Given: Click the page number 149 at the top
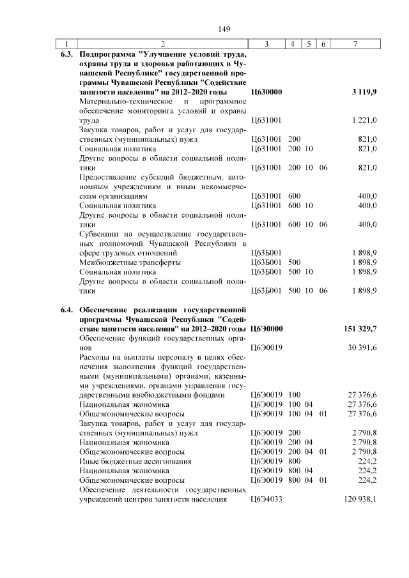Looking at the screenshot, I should pyautogui.click(x=224, y=29).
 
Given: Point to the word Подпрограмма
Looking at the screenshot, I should pyautogui.click(x=105, y=55).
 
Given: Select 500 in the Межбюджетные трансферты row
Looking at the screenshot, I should pyautogui.click(x=295, y=262).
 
